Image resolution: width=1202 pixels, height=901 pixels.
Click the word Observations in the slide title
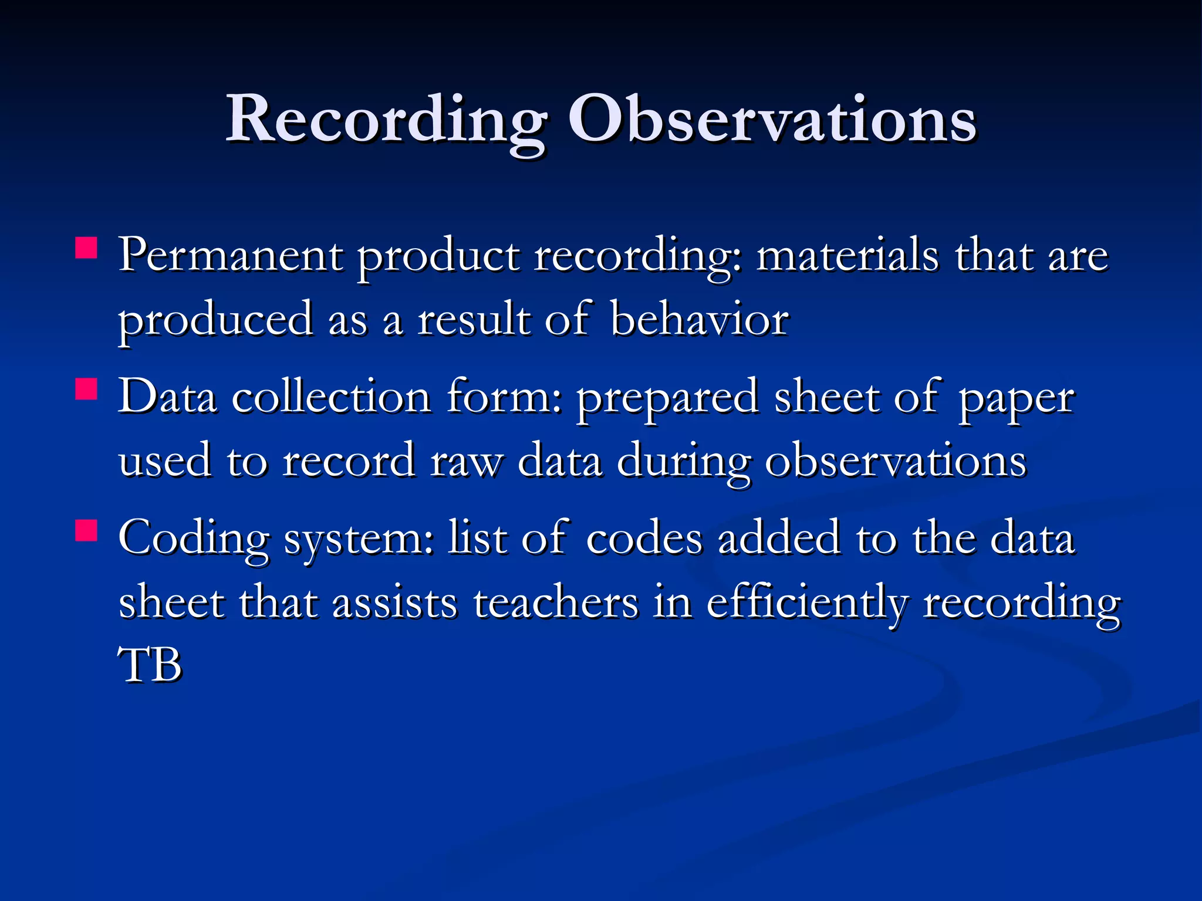pyautogui.click(x=772, y=120)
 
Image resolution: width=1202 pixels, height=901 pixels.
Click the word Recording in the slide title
pyautogui.click(x=386, y=120)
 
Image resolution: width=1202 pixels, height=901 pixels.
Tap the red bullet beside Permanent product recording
pyautogui.click(x=86, y=248)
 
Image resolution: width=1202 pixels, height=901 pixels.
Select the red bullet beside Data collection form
pyautogui.click(x=86, y=389)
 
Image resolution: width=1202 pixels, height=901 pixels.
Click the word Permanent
pyautogui.click(x=231, y=256)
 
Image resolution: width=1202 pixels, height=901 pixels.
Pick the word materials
pyautogui.click(x=847, y=256)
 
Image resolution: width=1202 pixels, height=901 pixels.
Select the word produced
pyautogui.click(x=215, y=321)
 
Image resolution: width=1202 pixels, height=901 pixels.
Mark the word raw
pyautogui.click(x=467, y=462)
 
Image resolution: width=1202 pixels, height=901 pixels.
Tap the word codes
pyautogui.click(x=644, y=538)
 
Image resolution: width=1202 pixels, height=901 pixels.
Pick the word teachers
pyautogui.click(x=555, y=603)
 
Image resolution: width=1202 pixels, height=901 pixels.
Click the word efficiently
pyautogui.click(x=807, y=603)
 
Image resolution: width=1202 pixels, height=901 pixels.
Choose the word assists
pyautogui.click(x=394, y=603)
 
